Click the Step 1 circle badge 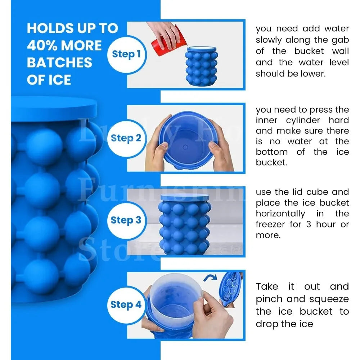tap(126, 54)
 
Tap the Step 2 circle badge tap(126, 138)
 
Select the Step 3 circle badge tap(126, 220)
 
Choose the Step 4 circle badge tap(126, 305)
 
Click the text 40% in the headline tap(45, 46)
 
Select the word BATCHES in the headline tap(59, 63)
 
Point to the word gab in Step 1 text tap(341, 40)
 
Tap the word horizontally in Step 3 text tap(280, 214)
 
